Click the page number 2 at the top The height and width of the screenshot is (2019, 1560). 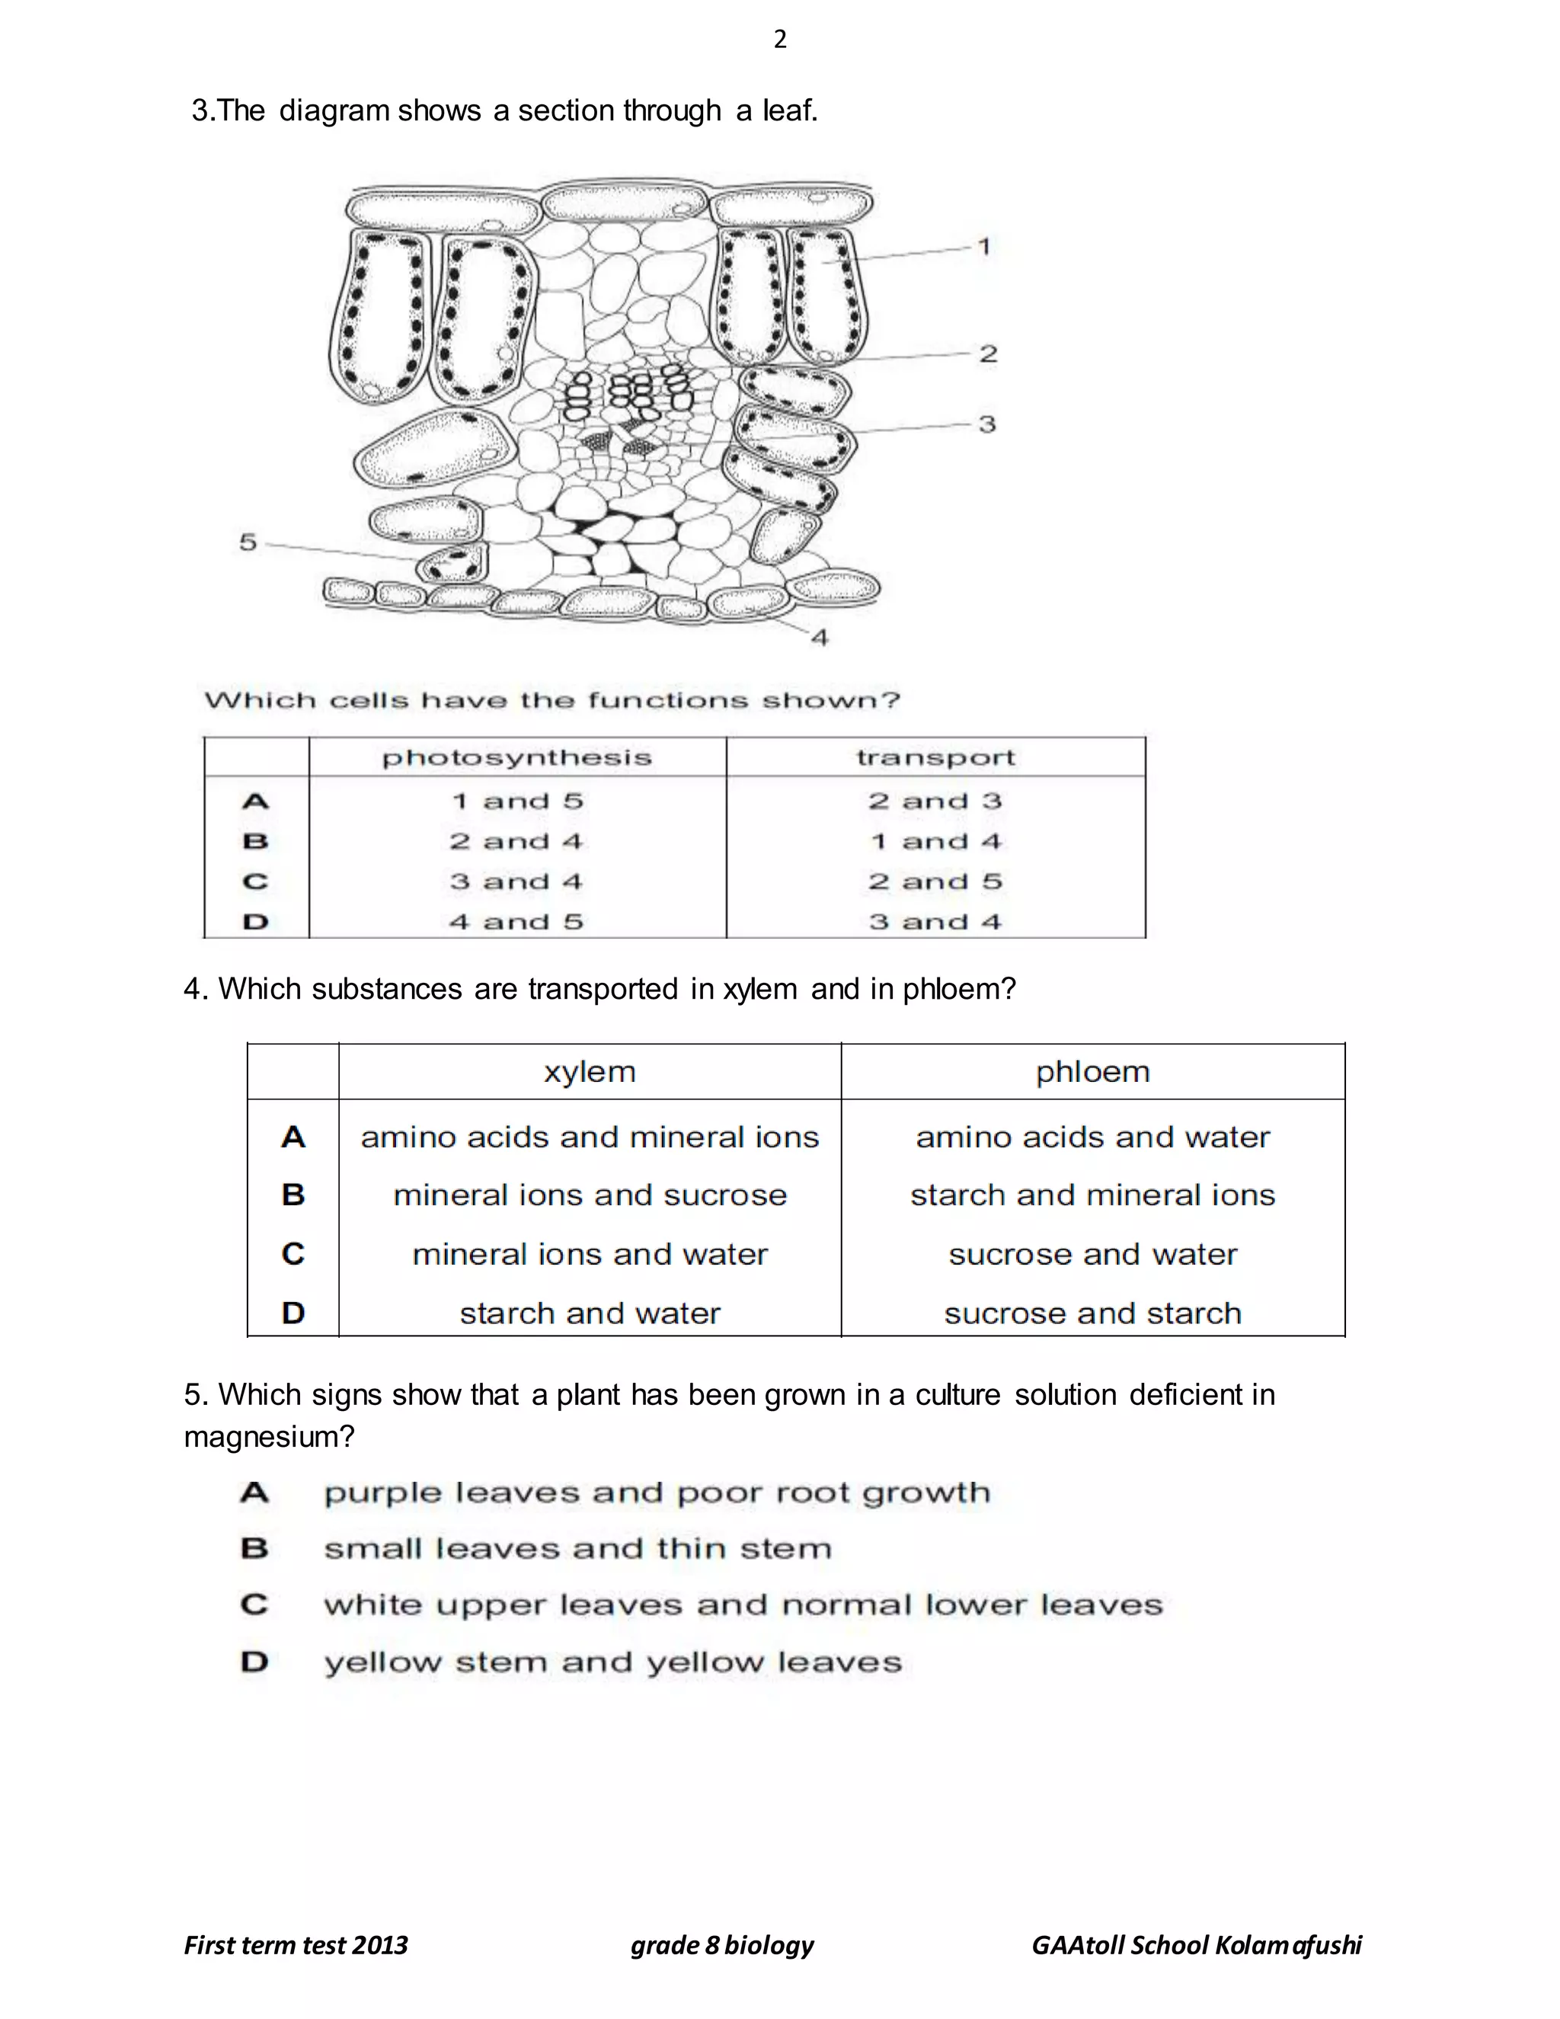coord(780,39)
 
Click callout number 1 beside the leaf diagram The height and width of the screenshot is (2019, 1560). coord(984,247)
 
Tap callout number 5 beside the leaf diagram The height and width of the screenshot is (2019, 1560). coord(248,542)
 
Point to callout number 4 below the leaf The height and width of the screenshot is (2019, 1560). coord(820,637)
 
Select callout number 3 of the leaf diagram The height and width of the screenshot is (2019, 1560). coord(987,424)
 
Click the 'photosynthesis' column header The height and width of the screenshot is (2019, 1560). coord(516,758)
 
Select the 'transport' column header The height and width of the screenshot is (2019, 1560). coord(935,758)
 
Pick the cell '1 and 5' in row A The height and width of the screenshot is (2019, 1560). coord(516,802)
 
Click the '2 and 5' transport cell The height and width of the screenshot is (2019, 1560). coord(935,882)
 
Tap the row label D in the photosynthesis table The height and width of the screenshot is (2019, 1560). coord(256,923)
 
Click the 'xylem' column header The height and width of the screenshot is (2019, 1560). coord(590,1073)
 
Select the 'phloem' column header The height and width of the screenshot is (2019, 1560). coord(1092,1073)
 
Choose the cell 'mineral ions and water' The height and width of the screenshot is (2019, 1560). coord(590,1255)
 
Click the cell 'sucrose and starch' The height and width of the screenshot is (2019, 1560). coord(1092,1313)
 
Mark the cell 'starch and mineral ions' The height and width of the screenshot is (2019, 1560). coord(1092,1195)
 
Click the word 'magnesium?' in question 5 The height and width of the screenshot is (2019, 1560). coord(269,1437)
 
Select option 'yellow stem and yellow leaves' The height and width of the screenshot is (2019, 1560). coord(612,1662)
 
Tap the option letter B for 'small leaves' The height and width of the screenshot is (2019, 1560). coord(254,1548)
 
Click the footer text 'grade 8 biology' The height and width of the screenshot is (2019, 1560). coord(722,1945)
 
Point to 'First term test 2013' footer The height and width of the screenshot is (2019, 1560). coord(296,1945)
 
